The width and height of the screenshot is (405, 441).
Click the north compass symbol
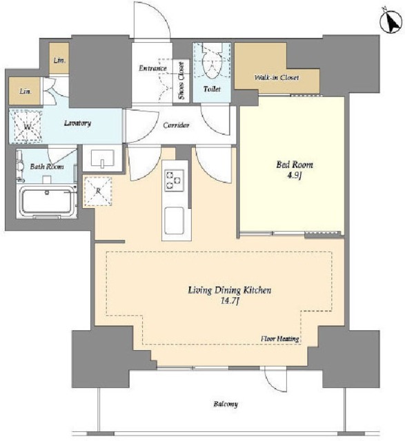[x=391, y=23]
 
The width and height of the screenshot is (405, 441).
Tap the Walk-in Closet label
[x=276, y=77]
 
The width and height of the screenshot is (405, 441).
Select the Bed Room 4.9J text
[x=295, y=170]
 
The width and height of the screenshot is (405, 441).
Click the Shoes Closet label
[x=181, y=81]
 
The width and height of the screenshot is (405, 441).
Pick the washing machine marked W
[x=26, y=126]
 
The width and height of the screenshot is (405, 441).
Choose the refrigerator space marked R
[x=98, y=191]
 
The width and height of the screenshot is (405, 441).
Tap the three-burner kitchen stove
[x=174, y=181]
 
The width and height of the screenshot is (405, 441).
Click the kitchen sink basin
[x=174, y=220]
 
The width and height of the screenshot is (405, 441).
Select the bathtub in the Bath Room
[x=47, y=202]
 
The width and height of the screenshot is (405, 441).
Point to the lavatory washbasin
[x=103, y=158]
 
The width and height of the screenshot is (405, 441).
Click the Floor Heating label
[x=279, y=338]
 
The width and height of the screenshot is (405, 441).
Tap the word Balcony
[x=226, y=404]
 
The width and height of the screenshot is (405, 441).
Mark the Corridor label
[x=176, y=125]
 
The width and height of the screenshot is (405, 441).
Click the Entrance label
[x=152, y=68]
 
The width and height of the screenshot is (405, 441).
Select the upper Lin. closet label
[x=60, y=60]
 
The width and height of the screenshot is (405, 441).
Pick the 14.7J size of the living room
[x=230, y=301]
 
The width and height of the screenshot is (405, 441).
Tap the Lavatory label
[x=77, y=123]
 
